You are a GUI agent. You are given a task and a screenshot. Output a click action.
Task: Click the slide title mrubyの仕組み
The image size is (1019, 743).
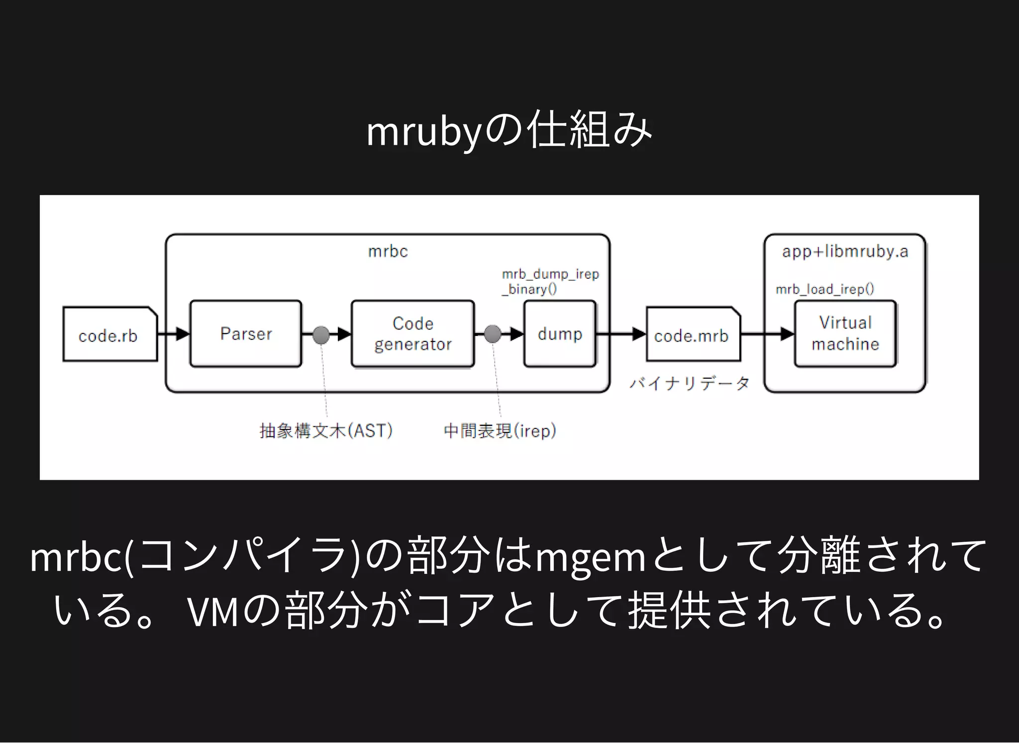(509, 130)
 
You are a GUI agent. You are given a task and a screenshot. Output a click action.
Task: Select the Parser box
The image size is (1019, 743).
(246, 334)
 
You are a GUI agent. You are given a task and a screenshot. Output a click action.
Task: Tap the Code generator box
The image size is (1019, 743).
(412, 334)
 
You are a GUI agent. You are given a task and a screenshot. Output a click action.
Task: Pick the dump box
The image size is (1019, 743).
(560, 334)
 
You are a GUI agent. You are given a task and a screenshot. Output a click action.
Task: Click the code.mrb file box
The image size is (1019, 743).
(692, 334)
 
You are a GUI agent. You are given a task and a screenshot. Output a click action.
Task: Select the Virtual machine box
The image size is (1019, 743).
(845, 334)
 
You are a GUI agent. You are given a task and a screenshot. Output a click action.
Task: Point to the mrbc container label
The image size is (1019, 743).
(388, 251)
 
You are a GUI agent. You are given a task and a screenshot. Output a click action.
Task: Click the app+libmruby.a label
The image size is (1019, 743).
(845, 251)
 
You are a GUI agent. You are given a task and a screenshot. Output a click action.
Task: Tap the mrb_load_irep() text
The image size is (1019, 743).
(824, 289)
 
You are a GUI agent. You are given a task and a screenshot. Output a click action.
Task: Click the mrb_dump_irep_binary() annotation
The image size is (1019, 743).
(550, 282)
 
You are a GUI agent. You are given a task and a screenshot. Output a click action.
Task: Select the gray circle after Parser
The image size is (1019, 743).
(321, 334)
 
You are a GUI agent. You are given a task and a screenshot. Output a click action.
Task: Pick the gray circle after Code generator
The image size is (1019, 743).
(493, 334)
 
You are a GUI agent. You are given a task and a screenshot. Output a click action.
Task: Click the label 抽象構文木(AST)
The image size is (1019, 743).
(326, 430)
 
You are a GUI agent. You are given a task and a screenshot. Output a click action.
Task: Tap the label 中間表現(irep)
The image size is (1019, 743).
(500, 430)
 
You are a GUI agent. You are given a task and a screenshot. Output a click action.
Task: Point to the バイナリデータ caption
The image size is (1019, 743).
(689, 383)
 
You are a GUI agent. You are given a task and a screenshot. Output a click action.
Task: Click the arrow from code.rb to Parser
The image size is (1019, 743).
(174, 334)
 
